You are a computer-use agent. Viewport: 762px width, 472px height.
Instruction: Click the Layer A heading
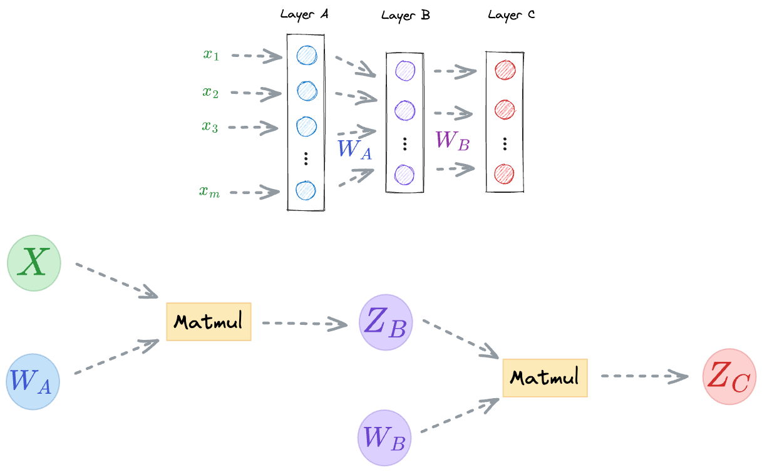304,14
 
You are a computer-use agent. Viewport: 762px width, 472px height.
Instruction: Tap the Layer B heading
406,16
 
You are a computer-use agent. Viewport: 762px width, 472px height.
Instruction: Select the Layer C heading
512,15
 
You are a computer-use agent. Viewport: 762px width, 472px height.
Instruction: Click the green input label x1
211,54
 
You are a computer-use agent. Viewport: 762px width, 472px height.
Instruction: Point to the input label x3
210,126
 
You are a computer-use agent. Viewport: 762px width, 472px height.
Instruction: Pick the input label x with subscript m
209,192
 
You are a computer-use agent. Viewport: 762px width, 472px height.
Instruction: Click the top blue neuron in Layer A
307,55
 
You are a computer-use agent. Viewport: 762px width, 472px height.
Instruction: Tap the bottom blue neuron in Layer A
306,190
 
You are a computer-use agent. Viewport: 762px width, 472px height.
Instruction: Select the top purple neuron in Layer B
405,71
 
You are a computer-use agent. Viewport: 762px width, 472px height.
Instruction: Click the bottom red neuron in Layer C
504,174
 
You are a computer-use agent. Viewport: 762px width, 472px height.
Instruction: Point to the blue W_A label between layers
355,150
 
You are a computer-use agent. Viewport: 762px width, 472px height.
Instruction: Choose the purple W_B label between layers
453,140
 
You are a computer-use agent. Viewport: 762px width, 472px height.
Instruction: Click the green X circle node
34,263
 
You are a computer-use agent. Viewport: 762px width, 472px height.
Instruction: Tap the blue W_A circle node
33,382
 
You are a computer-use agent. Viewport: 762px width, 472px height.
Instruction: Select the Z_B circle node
386,322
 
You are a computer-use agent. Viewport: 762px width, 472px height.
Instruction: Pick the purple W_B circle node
384,438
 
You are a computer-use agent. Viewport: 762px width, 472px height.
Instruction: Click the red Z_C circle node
729,376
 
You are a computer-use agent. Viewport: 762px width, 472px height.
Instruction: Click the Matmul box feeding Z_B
209,321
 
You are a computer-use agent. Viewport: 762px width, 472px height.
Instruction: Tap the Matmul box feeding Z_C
545,377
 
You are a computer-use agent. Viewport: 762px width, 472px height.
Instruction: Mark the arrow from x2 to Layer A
256,93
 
